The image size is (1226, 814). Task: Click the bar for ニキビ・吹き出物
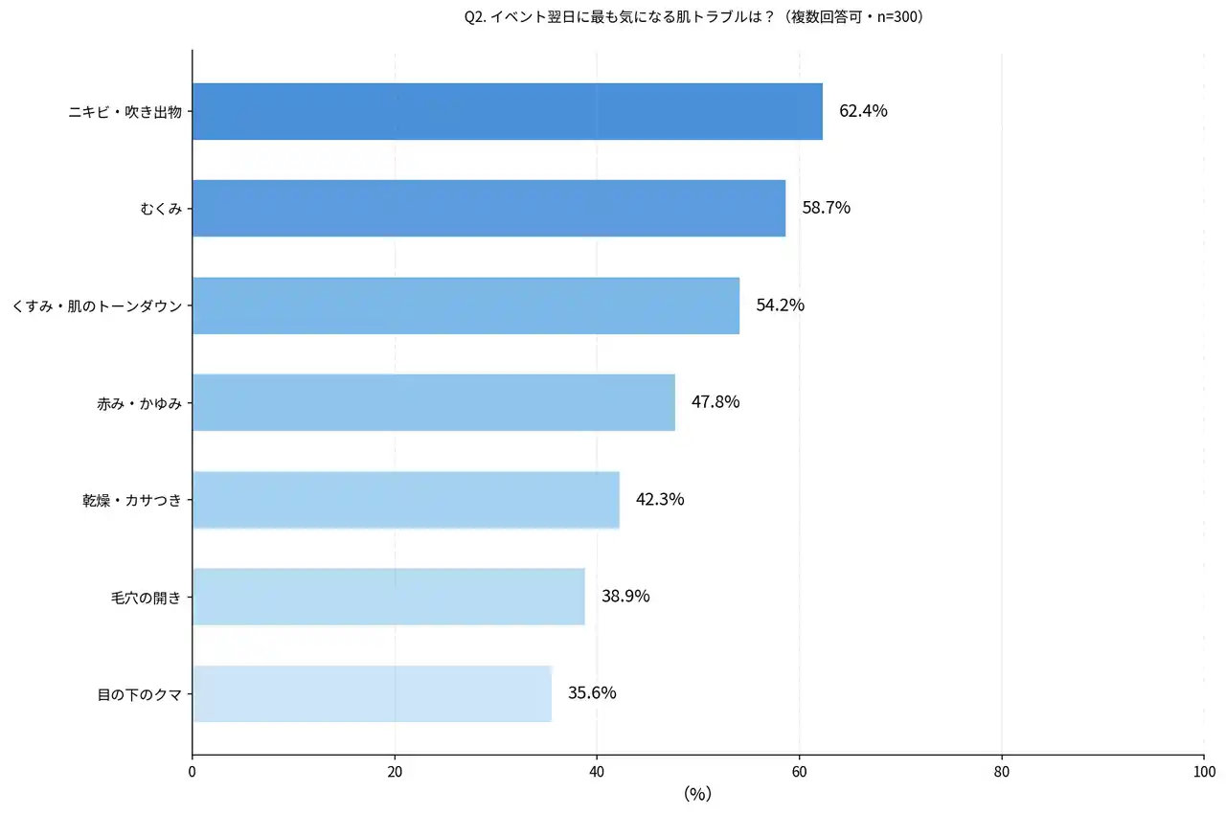tap(508, 111)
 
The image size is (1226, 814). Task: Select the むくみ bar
tap(488, 208)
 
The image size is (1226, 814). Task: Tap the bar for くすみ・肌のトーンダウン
tap(465, 305)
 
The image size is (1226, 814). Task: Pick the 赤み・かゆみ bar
tap(434, 402)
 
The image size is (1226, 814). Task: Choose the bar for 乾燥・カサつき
tap(406, 499)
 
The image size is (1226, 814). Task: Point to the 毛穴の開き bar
tap(388, 596)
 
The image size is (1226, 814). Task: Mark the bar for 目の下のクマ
tap(372, 692)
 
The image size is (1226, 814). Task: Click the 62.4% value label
tap(863, 111)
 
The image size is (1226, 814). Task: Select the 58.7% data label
tap(827, 208)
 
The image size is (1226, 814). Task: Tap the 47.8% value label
tap(715, 402)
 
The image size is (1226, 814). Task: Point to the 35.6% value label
tap(592, 692)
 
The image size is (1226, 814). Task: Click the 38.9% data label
tap(625, 596)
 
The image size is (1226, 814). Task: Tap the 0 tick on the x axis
tap(193, 771)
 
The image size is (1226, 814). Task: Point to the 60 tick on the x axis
tap(800, 771)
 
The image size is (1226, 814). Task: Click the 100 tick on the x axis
tap(1203, 771)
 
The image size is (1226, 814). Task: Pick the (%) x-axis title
tap(697, 794)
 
